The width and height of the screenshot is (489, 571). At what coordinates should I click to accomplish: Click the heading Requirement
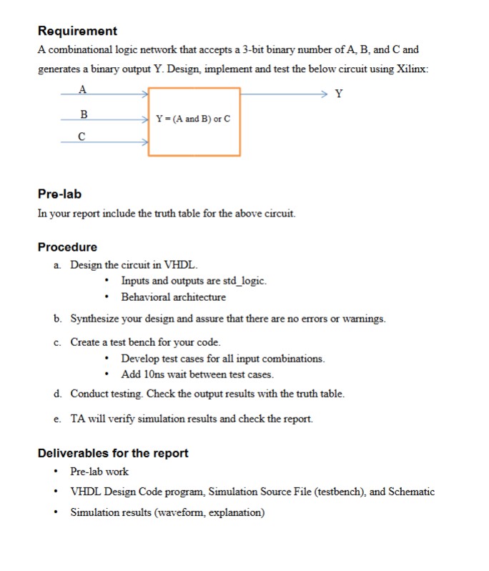pyautogui.click(x=77, y=31)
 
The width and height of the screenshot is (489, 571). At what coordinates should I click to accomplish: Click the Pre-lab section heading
pyautogui.click(x=59, y=194)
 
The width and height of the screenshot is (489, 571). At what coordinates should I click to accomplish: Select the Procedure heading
pyautogui.click(x=67, y=247)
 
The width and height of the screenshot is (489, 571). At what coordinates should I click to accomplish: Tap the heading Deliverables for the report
pyautogui.click(x=113, y=453)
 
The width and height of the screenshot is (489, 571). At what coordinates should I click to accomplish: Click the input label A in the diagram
pyautogui.click(x=82, y=89)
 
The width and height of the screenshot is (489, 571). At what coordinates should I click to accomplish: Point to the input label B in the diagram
pyautogui.click(x=83, y=114)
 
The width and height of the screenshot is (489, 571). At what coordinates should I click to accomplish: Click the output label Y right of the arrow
pyautogui.click(x=338, y=94)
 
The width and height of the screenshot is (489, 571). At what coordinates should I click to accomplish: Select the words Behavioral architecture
pyautogui.click(x=173, y=297)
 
